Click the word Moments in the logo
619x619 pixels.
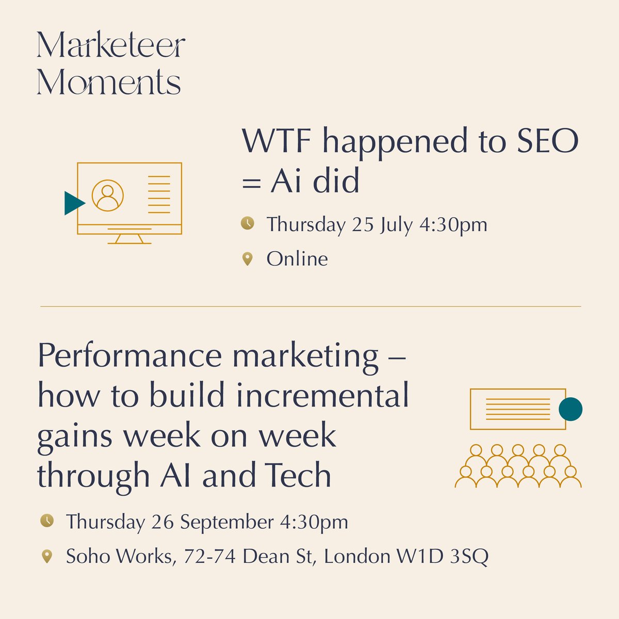(109, 83)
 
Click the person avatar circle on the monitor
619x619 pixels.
(108, 195)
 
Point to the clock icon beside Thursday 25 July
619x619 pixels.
(248, 223)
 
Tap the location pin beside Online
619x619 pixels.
(248, 259)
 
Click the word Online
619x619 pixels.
(297, 258)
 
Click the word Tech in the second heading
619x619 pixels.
(302, 476)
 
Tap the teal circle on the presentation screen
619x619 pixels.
(571, 409)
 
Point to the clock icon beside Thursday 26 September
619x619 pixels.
(47, 520)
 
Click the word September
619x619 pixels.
(226, 523)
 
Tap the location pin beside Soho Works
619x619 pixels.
(47, 557)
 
